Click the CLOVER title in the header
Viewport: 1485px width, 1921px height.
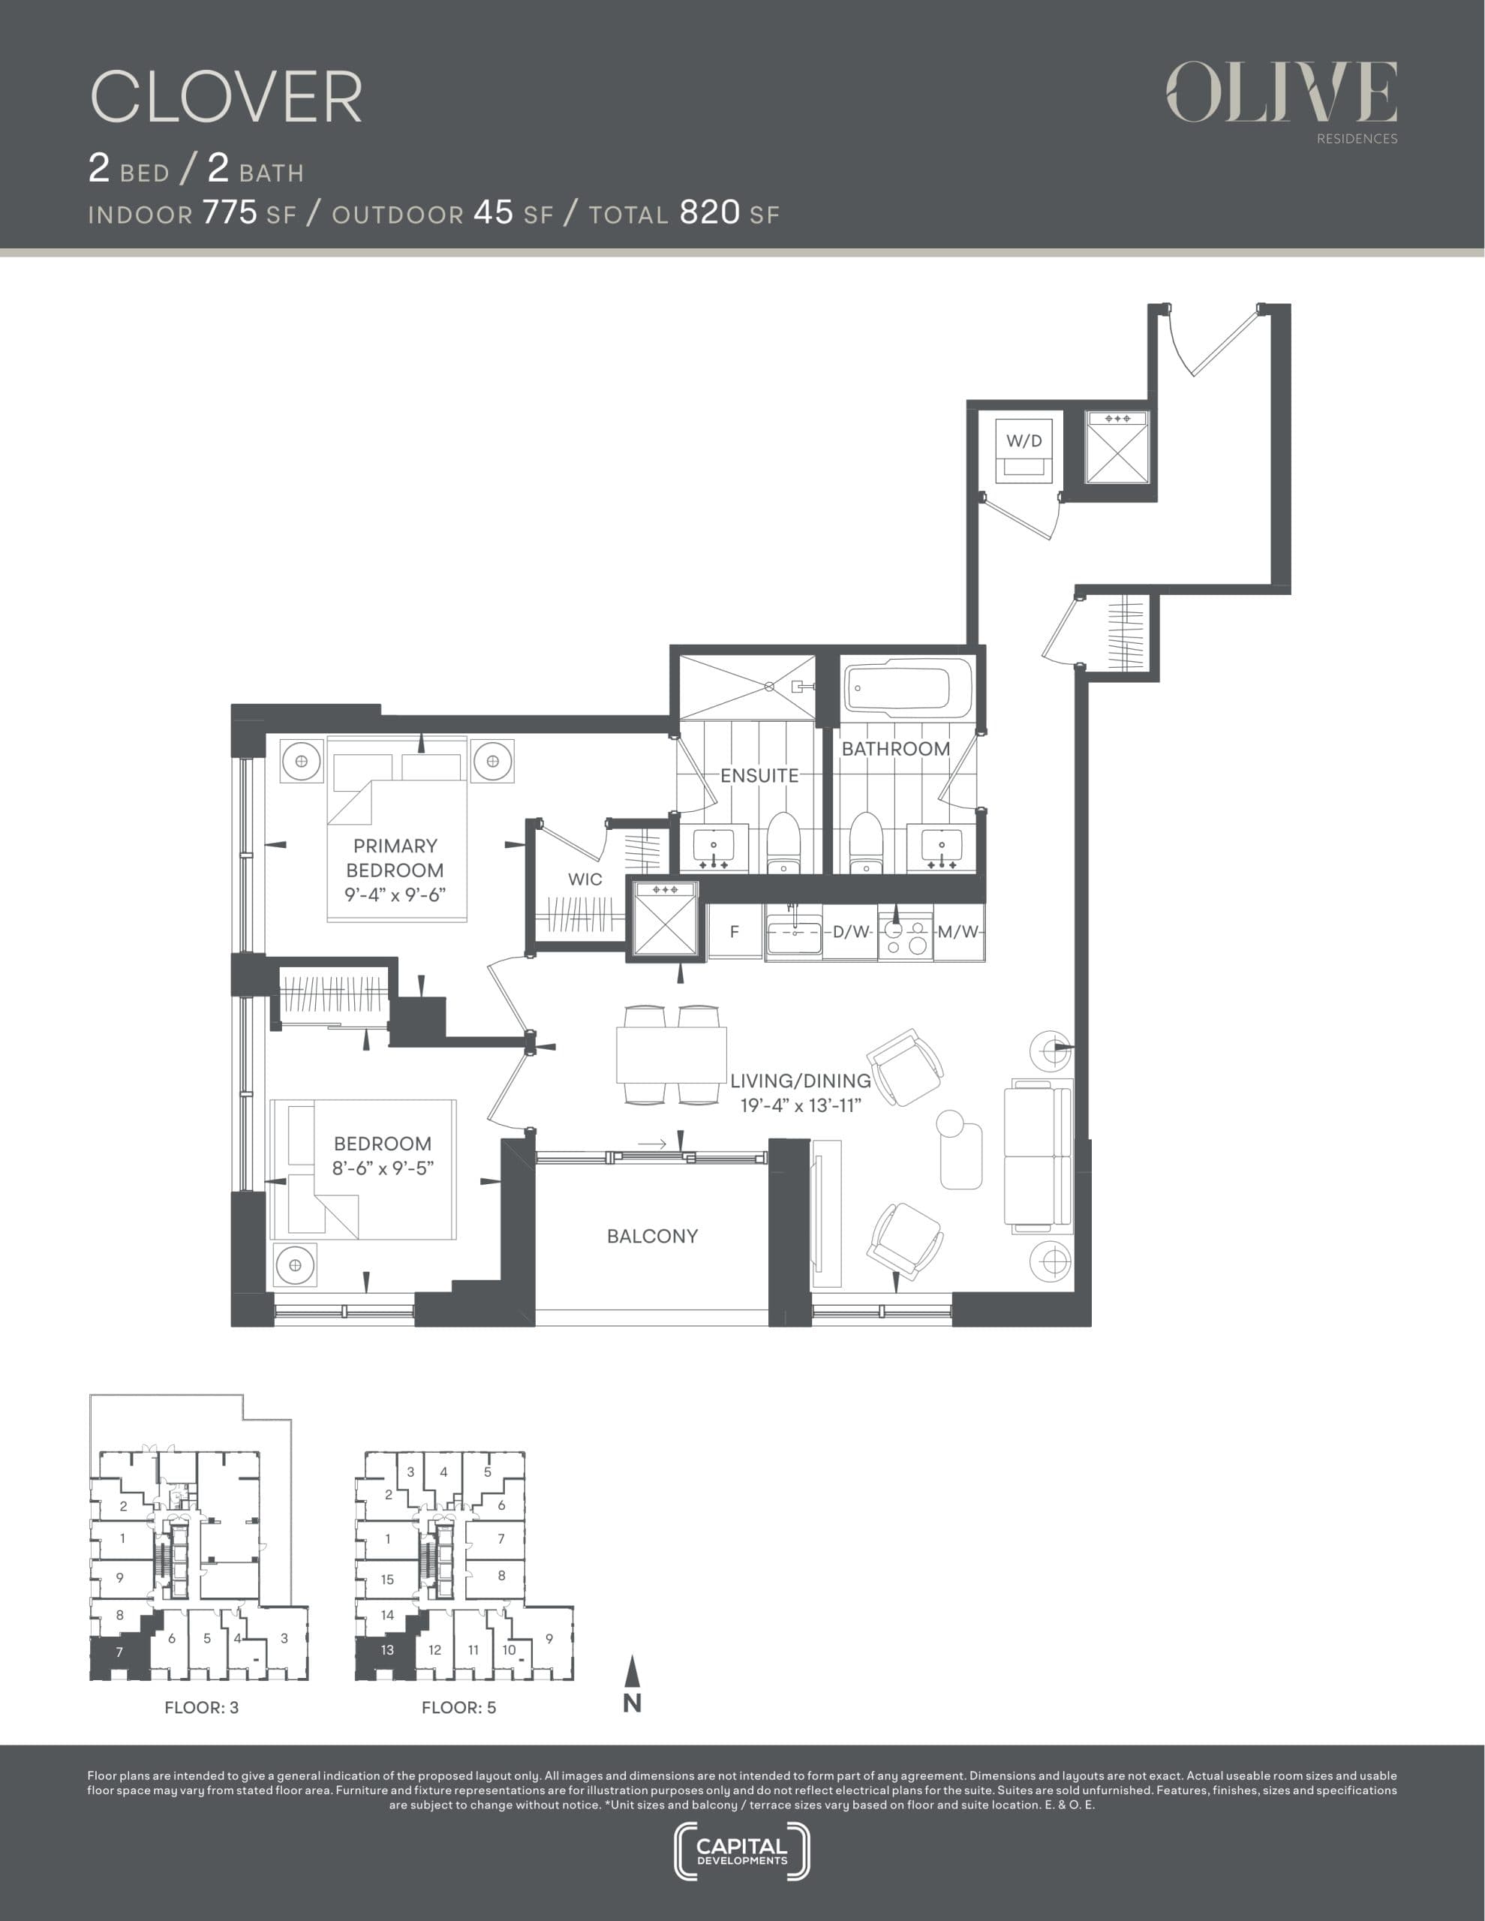226,97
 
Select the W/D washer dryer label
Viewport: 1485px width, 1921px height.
1024,440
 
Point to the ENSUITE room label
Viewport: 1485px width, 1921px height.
759,775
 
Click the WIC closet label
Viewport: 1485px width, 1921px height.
585,879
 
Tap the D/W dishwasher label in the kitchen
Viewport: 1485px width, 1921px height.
851,931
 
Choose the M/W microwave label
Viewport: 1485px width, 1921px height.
957,931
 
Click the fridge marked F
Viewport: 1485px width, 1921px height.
735,931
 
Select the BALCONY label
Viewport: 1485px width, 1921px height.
652,1236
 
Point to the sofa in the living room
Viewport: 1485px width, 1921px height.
1038,1156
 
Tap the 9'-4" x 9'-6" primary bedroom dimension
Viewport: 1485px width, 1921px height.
395,894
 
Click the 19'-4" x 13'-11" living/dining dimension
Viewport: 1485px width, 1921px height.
800,1105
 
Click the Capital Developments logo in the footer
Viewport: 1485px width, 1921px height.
741,1850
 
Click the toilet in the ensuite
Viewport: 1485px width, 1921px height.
782,841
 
